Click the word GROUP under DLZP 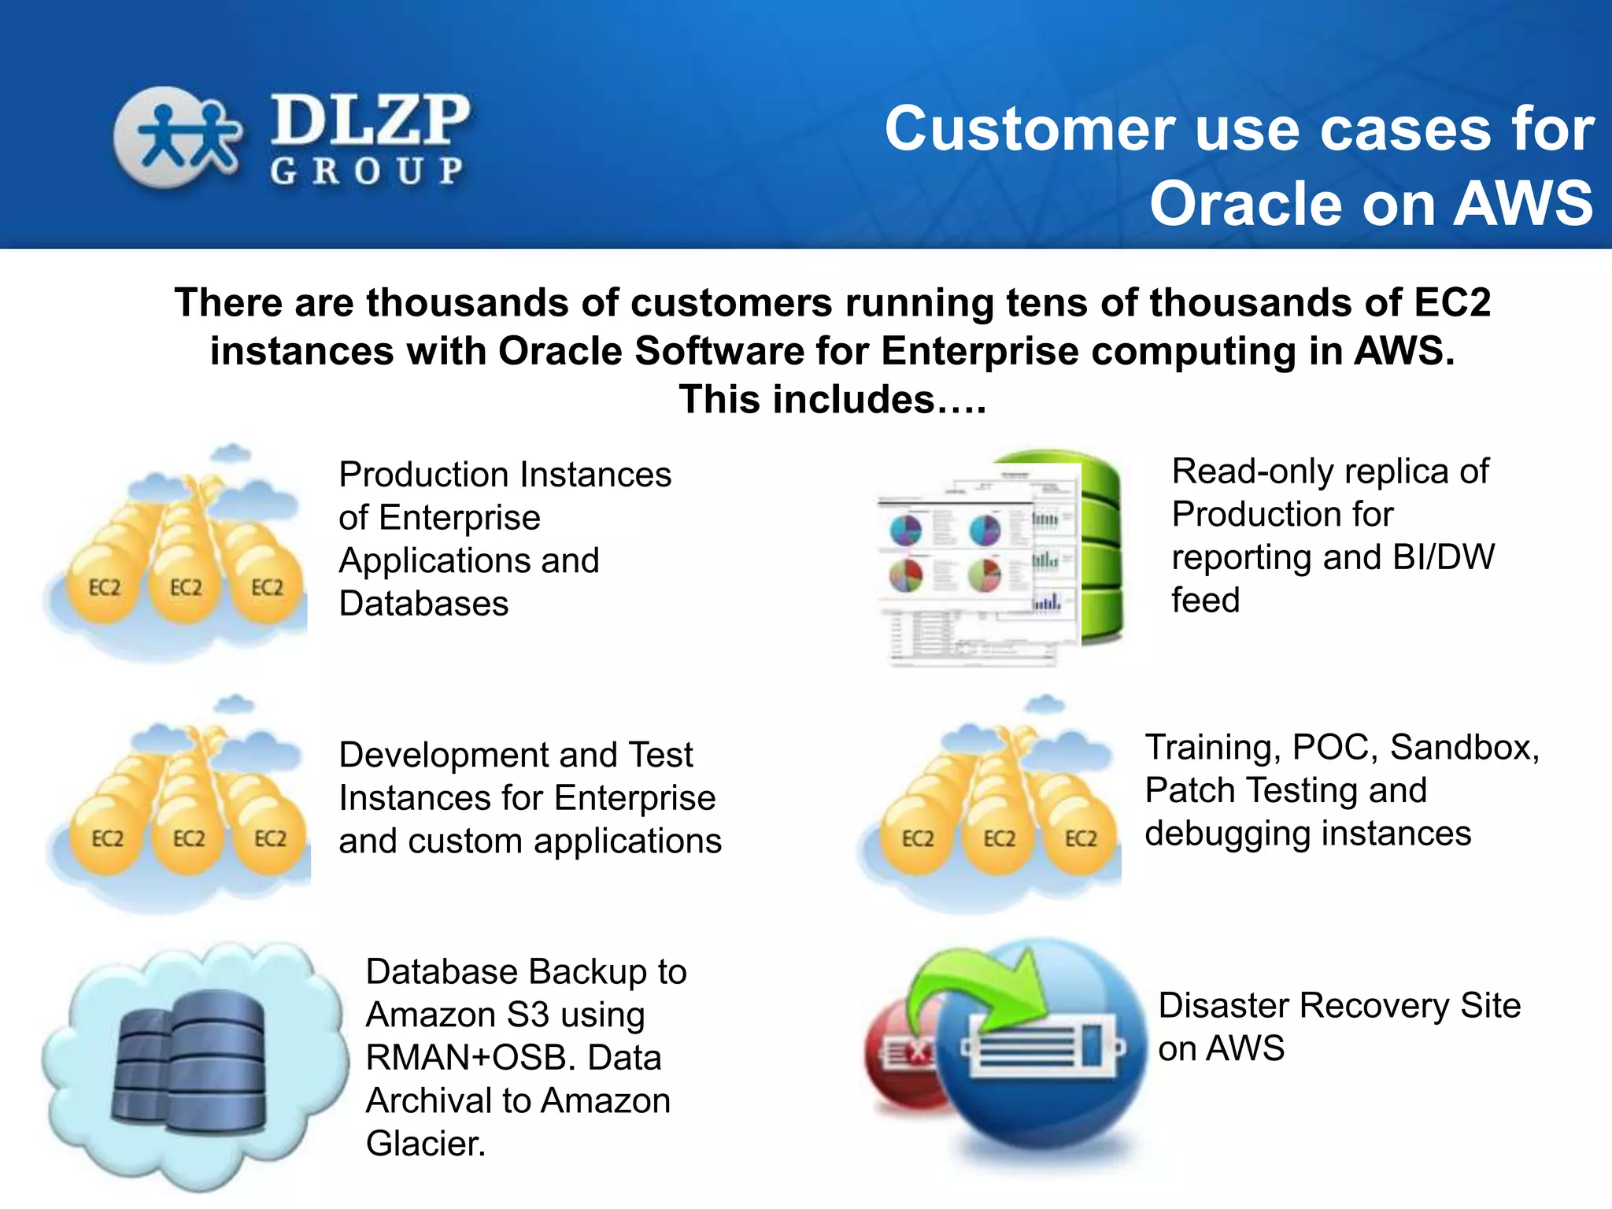tap(367, 171)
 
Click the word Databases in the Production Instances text tap(423, 604)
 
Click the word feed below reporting tap(1205, 601)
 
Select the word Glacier tap(425, 1144)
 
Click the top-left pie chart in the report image tap(905, 530)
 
